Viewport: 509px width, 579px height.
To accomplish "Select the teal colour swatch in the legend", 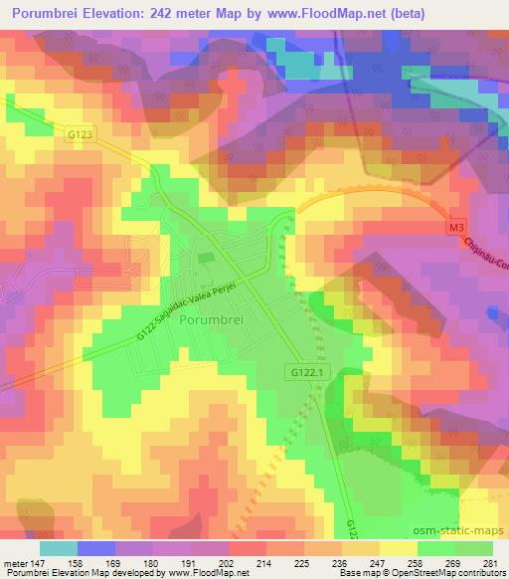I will click(59, 548).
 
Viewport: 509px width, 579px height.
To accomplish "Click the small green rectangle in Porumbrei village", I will click(206, 259).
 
